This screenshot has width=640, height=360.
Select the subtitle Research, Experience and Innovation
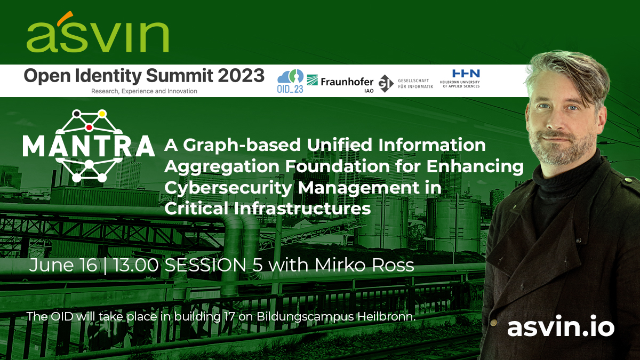coord(144,91)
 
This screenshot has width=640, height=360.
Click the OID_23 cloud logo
coord(290,81)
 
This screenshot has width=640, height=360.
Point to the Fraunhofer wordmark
coord(347,82)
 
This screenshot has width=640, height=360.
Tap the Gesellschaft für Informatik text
coord(415,84)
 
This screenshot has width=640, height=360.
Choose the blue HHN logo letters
coord(466,74)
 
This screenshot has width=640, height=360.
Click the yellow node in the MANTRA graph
coord(102,114)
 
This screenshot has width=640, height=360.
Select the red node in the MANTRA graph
coord(89,127)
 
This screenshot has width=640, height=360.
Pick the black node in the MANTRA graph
coord(76,114)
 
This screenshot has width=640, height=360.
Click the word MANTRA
coord(89,146)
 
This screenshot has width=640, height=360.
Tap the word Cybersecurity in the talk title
coord(228,188)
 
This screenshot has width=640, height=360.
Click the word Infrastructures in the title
coord(302,209)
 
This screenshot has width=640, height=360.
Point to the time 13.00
coord(137,265)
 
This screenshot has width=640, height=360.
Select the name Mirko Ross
coord(364,265)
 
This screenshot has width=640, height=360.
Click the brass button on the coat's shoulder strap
coord(628,180)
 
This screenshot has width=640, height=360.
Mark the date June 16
coord(63,266)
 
